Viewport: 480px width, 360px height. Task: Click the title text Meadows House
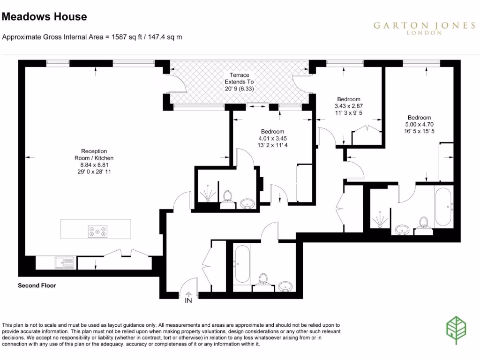point(45,17)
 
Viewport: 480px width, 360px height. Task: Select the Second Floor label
point(37,285)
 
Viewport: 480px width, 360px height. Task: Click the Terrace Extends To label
point(239,82)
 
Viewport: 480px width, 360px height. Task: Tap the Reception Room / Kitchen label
point(94,161)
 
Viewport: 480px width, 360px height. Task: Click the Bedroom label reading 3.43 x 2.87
point(349,105)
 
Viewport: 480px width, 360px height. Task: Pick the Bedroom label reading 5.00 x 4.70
point(419,124)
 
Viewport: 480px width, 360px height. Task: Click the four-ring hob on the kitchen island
point(97,231)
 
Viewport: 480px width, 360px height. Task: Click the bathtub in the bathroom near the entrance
point(242,263)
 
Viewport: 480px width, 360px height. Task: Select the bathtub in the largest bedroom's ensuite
point(443,207)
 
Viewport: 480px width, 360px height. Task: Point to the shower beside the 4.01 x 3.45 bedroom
point(207,192)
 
